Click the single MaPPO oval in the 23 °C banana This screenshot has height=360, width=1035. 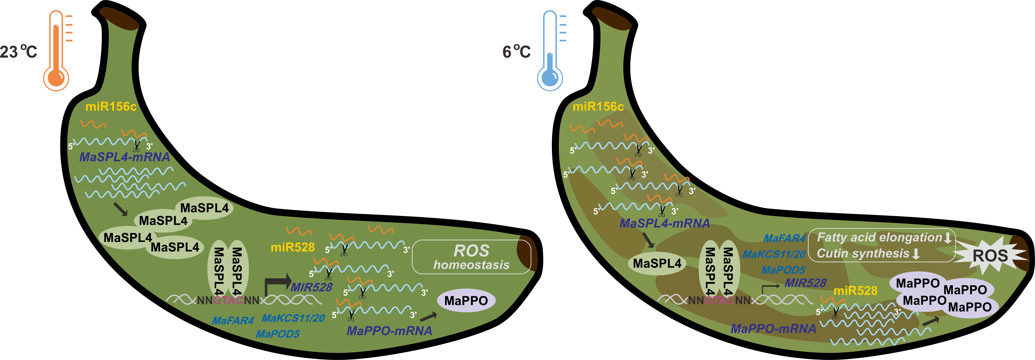point(466,301)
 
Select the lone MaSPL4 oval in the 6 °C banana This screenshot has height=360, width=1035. point(657,263)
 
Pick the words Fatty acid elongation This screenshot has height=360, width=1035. point(879,237)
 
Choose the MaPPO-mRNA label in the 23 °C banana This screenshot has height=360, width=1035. point(389,331)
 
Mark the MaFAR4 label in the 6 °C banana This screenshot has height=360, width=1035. point(784,238)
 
